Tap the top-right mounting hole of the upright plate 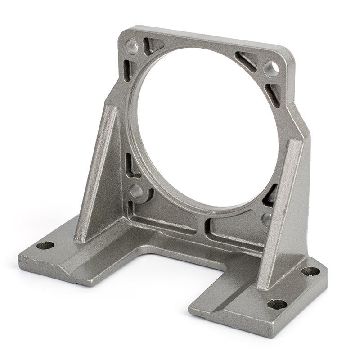[x=271, y=68]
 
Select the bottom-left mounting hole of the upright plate [x=136, y=191]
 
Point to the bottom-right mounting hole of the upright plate [x=266, y=219]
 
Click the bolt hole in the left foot [x=45, y=245]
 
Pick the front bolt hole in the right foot [x=277, y=304]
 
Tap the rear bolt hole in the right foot [x=310, y=271]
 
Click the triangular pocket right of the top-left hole [x=152, y=45]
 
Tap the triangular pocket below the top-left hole [x=128, y=70]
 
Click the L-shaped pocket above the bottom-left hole [x=133, y=166]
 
